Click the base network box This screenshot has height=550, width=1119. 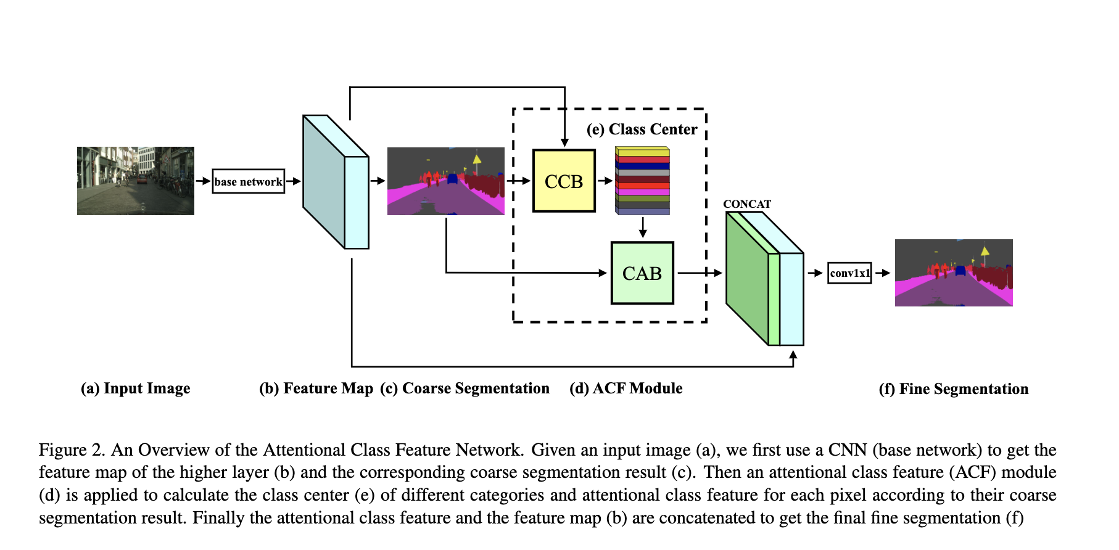pos(248,181)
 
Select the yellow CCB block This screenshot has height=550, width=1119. pos(564,181)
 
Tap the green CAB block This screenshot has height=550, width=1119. pos(642,273)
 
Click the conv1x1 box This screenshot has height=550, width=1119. pos(849,273)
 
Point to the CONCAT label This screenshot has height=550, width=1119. pos(747,204)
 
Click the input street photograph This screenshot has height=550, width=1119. pos(136,181)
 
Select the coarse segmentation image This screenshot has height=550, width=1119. pos(445,181)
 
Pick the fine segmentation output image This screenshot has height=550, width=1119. pos(954,273)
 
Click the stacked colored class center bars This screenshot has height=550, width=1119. pos(642,181)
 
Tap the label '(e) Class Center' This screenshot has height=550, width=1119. pos(642,129)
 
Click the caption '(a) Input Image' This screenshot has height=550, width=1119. pos(135,388)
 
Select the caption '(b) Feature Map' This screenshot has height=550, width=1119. pos(316,388)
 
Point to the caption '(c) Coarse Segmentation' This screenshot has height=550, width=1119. pos(465,388)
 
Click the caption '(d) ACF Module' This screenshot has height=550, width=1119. pos(626,388)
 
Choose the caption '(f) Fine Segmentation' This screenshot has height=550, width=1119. pos(953,389)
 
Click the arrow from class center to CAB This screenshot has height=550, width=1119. pos(643,228)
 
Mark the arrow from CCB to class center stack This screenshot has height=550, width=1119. pos(605,181)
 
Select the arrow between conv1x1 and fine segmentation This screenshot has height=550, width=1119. pos(883,273)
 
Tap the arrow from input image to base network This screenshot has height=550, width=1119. pos(203,181)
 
